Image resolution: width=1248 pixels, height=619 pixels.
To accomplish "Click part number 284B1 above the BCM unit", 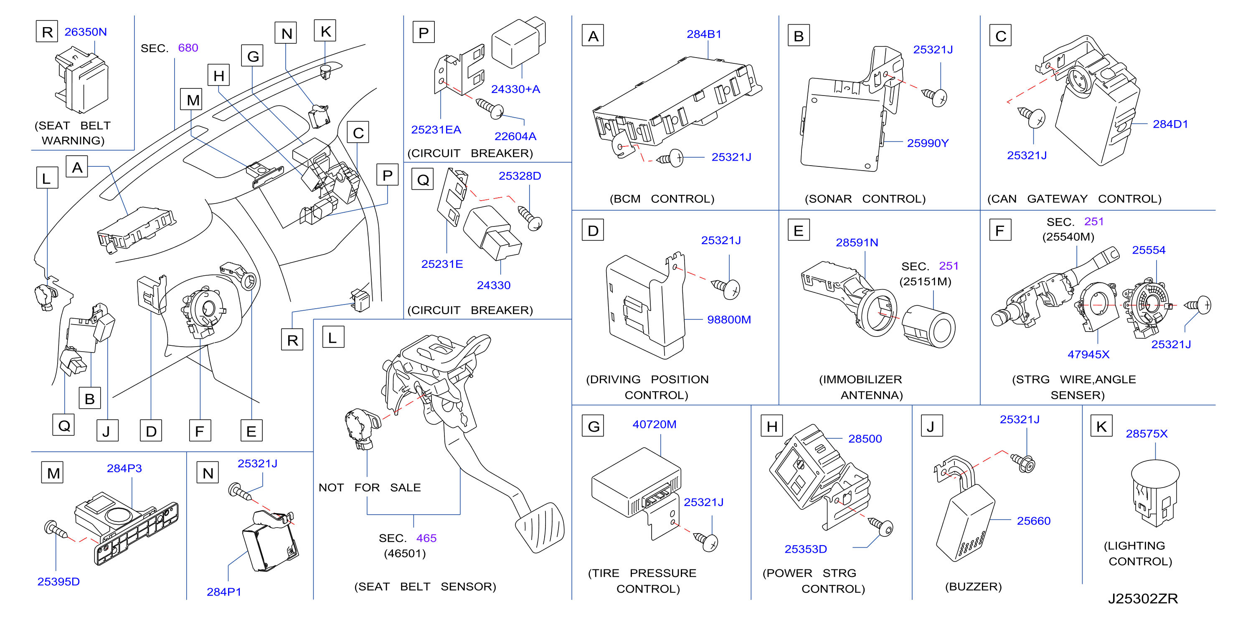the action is point(703,34).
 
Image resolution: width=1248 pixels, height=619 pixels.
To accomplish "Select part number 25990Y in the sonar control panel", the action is point(927,143).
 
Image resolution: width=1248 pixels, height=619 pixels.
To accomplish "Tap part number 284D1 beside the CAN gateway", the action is point(1170,124).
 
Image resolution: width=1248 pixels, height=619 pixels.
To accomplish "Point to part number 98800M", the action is point(729,320).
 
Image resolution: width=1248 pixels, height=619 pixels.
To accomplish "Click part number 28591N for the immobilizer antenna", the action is point(857,242).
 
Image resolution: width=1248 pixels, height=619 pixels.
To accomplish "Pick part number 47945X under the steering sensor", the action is point(1088,354).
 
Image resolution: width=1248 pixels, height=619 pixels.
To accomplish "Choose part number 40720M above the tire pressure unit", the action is point(654,425).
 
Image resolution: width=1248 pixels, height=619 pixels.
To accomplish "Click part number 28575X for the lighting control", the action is point(1146,434).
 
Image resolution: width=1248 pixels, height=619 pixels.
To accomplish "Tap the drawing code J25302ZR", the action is point(1142,599).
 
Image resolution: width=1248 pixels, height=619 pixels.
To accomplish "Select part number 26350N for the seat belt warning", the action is point(85,32).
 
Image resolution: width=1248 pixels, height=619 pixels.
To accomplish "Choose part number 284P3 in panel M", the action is point(124,468).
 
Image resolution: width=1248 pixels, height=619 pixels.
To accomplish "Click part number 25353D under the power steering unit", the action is point(805,549).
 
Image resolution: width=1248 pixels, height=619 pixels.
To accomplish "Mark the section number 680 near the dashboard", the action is point(188,48).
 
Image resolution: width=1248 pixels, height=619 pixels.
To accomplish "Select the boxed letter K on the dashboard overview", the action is point(325,31).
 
